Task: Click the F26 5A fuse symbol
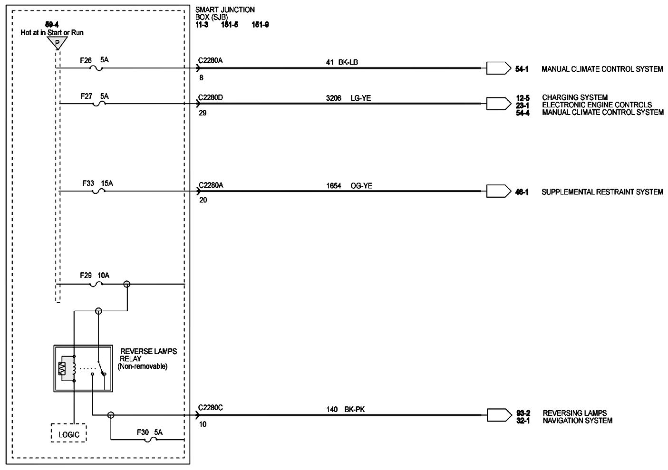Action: (x=97, y=68)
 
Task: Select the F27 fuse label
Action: (x=87, y=96)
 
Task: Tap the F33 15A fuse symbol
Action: (x=98, y=192)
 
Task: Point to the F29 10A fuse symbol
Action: (x=97, y=285)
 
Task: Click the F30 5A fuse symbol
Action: (x=151, y=440)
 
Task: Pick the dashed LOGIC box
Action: (x=69, y=434)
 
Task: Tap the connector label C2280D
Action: (x=210, y=97)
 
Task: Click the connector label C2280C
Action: (x=210, y=407)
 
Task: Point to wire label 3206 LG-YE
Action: (x=348, y=98)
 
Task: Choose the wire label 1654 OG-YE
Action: (x=349, y=186)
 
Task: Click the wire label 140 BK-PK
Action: (x=345, y=409)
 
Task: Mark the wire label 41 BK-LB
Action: (x=342, y=62)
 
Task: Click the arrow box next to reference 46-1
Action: (x=498, y=192)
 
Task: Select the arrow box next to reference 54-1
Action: (x=498, y=68)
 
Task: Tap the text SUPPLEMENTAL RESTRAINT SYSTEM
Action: (x=602, y=192)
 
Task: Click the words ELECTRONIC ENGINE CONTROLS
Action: (x=597, y=105)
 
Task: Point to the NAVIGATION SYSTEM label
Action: (x=577, y=421)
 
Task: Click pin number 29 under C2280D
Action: (x=203, y=113)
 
